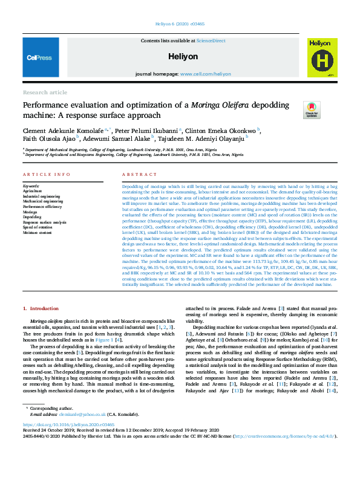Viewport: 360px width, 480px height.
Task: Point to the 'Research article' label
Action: point(45,92)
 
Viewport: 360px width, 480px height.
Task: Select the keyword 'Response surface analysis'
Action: point(45,222)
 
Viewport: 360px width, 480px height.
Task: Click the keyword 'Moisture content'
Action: point(38,232)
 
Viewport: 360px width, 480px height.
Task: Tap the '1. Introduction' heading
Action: point(41,308)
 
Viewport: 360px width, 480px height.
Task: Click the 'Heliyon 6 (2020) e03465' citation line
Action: point(179,25)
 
